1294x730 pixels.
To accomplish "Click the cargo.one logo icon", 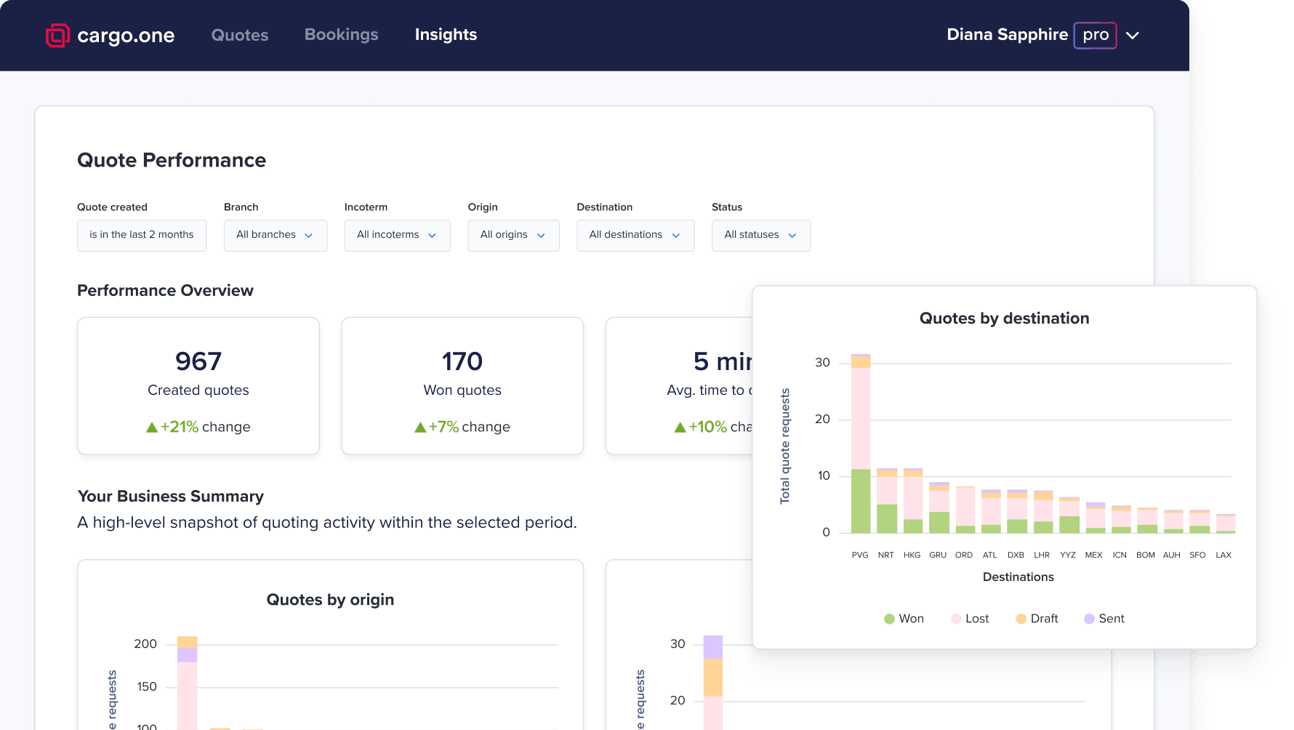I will click(x=57, y=35).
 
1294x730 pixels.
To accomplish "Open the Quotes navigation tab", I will click(x=240, y=35).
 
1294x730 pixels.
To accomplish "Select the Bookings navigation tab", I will click(x=341, y=34).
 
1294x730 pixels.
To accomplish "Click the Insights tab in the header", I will click(x=446, y=34).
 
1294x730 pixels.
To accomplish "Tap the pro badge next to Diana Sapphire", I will click(x=1095, y=35).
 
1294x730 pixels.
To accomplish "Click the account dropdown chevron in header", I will click(x=1133, y=35).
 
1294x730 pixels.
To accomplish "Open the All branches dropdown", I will click(x=275, y=235).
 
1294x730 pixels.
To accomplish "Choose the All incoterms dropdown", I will click(x=397, y=235).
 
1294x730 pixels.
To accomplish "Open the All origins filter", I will click(x=513, y=235).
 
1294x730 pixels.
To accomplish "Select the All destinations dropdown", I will click(x=635, y=235).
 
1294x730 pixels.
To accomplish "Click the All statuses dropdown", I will click(x=760, y=235).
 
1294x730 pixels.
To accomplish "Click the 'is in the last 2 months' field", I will click(x=142, y=235).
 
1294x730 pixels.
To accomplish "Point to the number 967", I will click(x=198, y=361).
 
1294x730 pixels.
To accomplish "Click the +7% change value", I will click(x=443, y=427).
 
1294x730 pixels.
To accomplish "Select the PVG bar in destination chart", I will click(x=861, y=444).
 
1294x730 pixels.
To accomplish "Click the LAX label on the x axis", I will click(x=1223, y=555).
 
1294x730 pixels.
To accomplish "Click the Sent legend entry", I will click(x=1104, y=619).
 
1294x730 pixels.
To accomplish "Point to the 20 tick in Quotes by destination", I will click(x=822, y=419).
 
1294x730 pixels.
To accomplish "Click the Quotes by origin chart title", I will click(x=330, y=600).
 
